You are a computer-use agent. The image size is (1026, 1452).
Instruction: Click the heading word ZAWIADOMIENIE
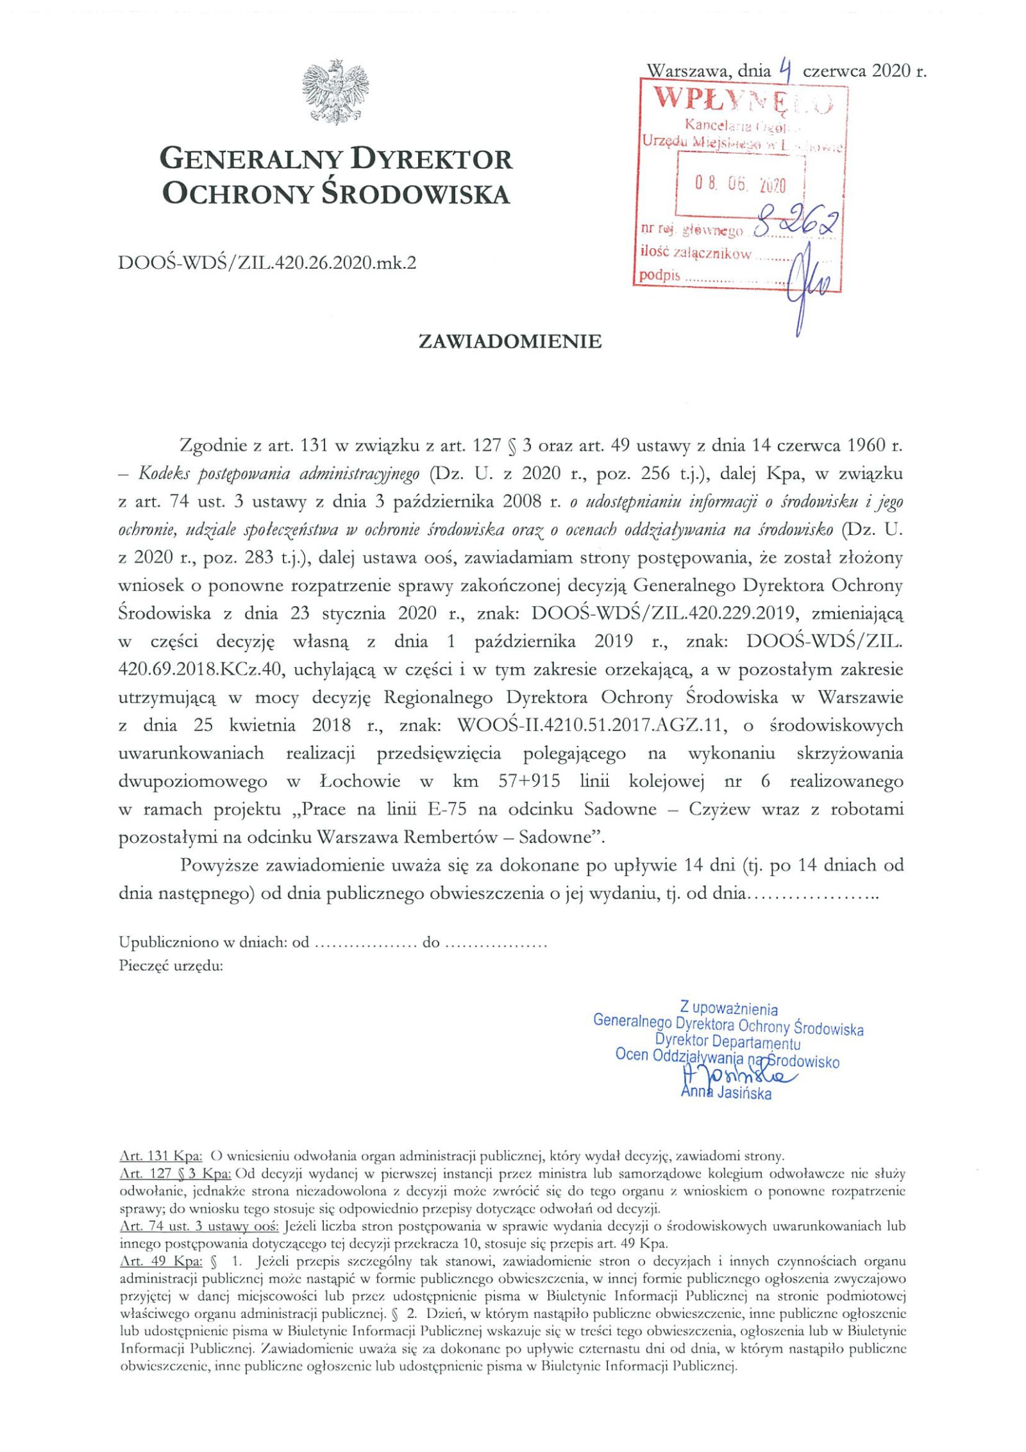point(510,341)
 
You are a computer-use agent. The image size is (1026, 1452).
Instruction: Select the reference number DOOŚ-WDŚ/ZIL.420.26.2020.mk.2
point(267,262)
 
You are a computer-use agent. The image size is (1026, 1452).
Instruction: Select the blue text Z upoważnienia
point(728,1009)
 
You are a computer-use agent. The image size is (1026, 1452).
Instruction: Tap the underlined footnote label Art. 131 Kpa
point(161,1156)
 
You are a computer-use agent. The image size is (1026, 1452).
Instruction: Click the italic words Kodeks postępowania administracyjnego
point(278,474)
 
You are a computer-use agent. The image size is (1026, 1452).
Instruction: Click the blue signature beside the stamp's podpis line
point(809,285)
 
